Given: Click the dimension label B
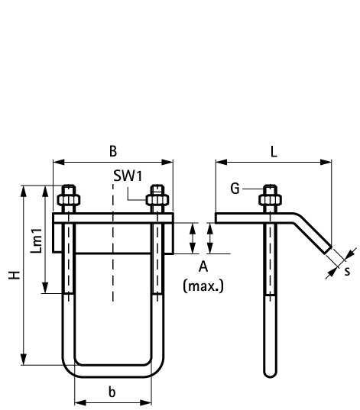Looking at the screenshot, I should tap(113, 150).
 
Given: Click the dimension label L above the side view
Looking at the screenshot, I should tap(273, 150).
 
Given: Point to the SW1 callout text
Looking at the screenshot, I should tap(128, 176).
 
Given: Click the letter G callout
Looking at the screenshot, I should tap(235, 188).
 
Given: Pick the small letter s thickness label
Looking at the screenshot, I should tap(347, 270).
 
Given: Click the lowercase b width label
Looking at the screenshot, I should tap(112, 392).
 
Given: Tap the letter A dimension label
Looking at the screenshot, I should tap(203, 266).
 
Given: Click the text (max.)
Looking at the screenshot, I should tap(203, 286).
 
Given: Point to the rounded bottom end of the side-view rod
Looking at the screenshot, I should tap(270, 373).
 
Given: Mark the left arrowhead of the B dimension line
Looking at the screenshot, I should tap(56, 162).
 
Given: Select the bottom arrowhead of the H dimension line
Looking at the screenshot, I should tap(25, 360).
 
